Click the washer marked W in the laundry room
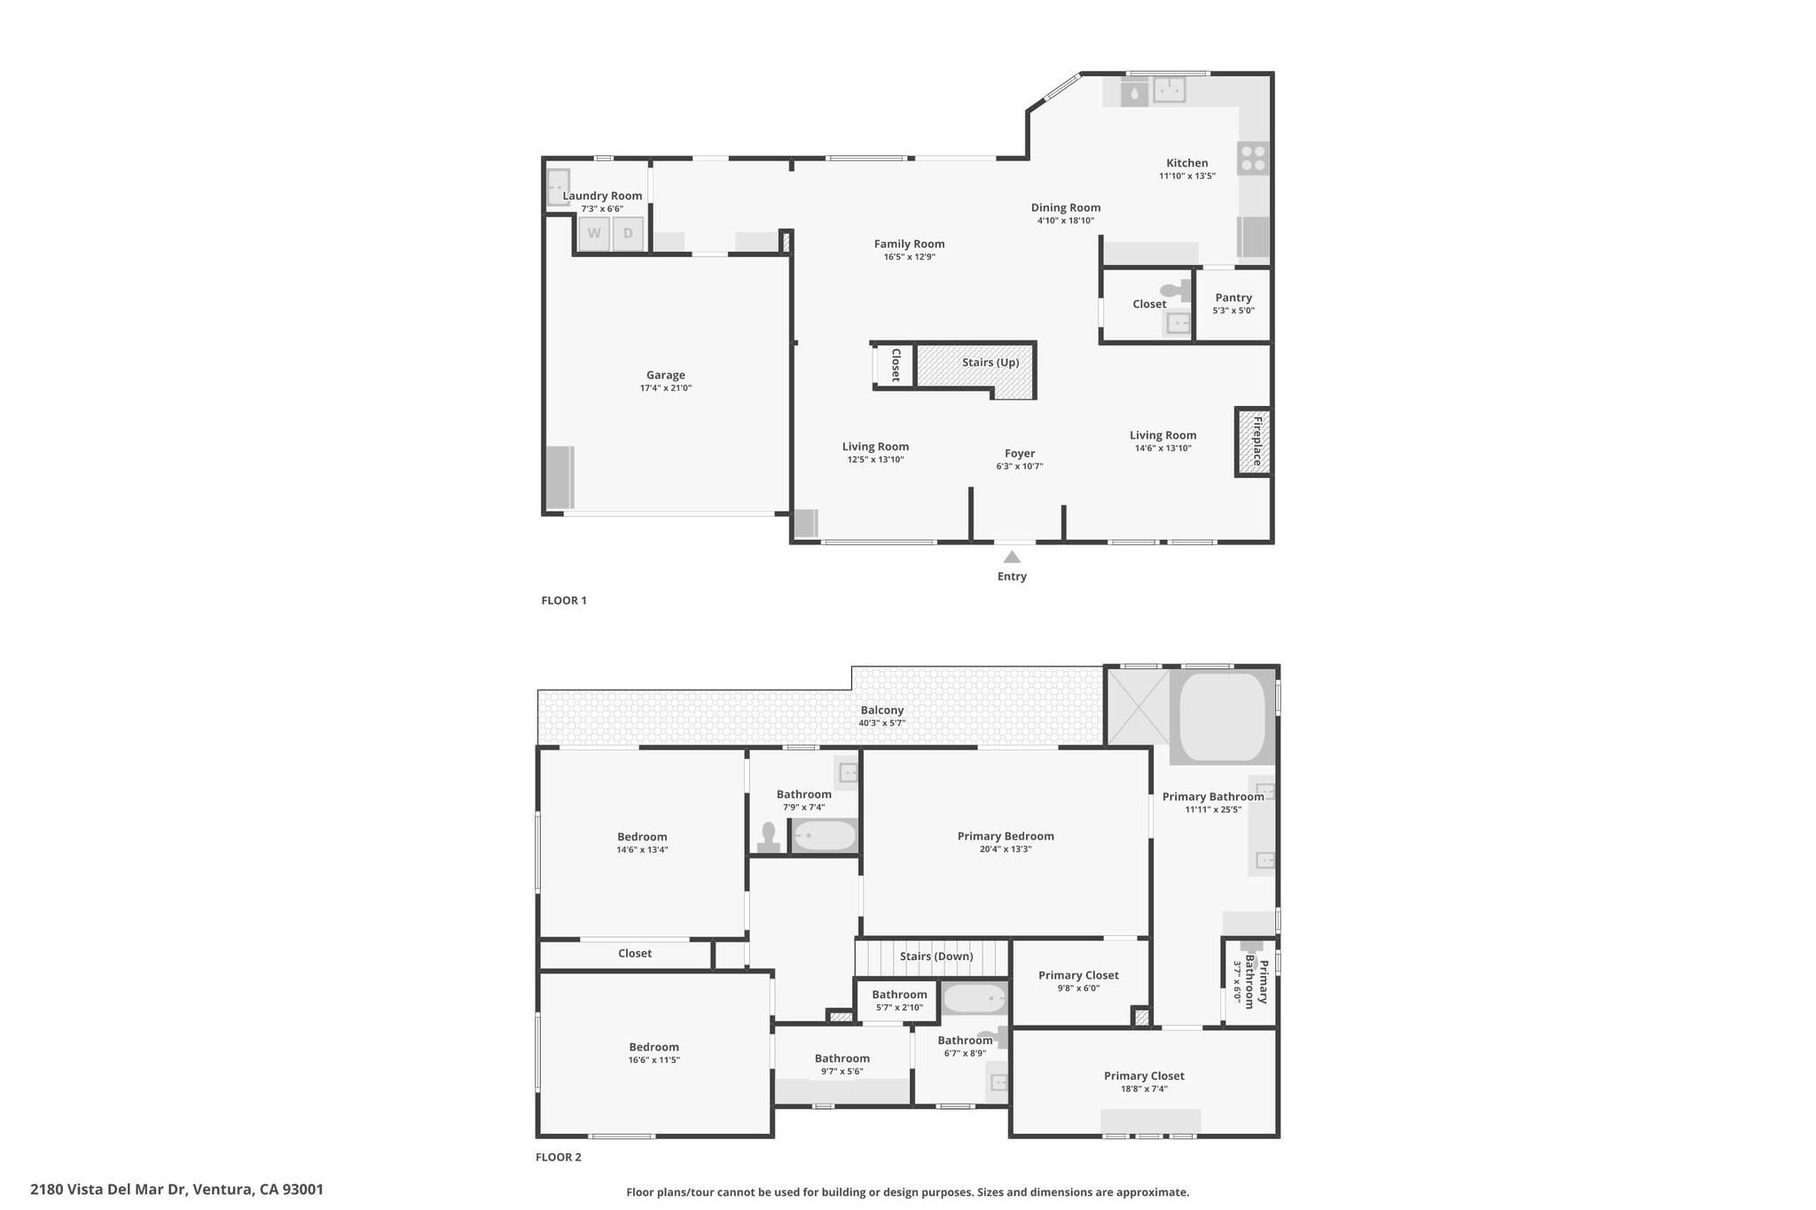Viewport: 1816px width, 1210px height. point(594,234)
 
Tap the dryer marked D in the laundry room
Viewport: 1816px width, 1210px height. point(628,234)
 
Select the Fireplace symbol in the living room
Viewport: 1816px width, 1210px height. point(1254,441)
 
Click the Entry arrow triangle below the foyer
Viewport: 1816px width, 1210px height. point(1012,557)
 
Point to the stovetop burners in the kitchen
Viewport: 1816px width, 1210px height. point(1254,158)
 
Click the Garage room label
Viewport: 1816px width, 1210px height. point(666,375)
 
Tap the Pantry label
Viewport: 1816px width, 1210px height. point(1233,298)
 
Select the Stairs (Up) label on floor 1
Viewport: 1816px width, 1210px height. point(990,363)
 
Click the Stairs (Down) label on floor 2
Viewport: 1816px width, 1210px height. point(936,956)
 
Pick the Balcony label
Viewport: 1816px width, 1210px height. point(881,710)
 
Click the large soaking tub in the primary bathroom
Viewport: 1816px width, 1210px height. point(1222,717)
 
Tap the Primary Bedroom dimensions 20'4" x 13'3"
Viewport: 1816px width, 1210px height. point(1006,849)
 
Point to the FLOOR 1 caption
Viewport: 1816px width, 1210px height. point(564,600)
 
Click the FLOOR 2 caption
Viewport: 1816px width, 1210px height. point(559,1157)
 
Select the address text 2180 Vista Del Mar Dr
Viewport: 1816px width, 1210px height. point(108,1190)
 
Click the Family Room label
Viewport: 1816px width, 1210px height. point(909,244)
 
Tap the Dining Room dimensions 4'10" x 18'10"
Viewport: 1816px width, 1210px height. point(1066,221)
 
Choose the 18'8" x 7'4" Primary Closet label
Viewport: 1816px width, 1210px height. point(1144,1081)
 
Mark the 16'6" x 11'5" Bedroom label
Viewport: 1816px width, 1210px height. point(654,1052)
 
